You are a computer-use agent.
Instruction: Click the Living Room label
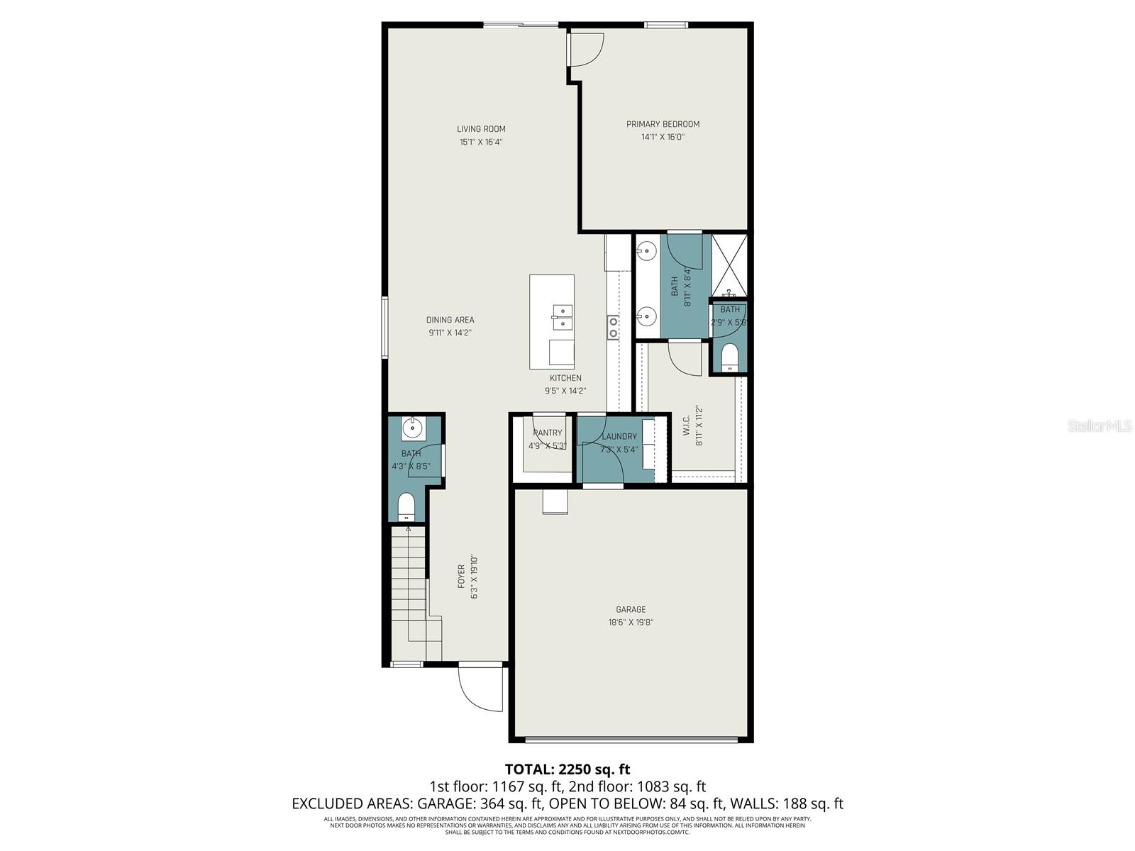click(x=481, y=129)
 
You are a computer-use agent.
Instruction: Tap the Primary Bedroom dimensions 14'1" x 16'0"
click(x=663, y=137)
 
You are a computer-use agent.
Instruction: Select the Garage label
click(x=631, y=609)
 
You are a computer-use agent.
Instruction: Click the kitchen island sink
click(x=563, y=316)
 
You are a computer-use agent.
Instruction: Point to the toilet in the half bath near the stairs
click(x=406, y=506)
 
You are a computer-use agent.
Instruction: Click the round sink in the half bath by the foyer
click(x=411, y=428)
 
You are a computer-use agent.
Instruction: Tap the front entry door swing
click(x=480, y=688)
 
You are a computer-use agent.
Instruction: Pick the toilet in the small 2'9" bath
click(x=729, y=357)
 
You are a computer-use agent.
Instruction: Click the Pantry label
click(x=547, y=433)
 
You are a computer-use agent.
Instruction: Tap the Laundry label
click(x=619, y=437)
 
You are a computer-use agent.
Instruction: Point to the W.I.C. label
click(x=687, y=425)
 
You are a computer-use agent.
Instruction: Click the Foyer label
click(x=461, y=577)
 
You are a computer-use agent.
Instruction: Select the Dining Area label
click(x=450, y=320)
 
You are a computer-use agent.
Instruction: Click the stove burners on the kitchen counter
click(x=612, y=327)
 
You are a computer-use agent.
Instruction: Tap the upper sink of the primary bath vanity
click(x=646, y=250)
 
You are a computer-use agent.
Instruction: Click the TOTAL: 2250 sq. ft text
click(x=567, y=769)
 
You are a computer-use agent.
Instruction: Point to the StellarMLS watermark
click(x=1099, y=425)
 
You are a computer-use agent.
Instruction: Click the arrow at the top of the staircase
click(x=408, y=529)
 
